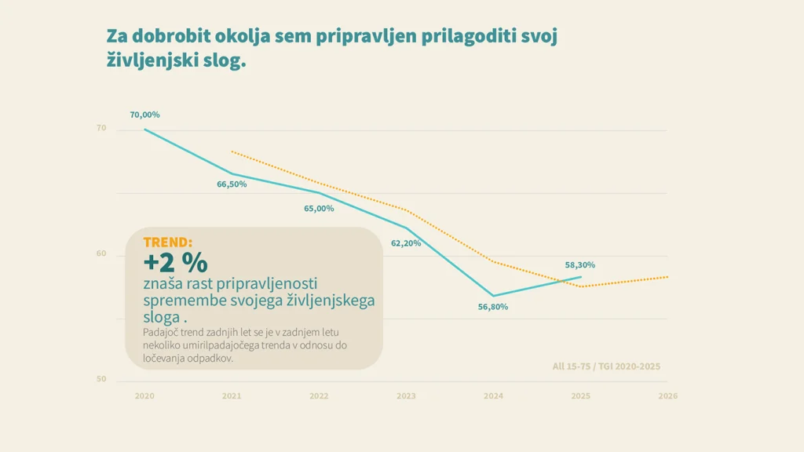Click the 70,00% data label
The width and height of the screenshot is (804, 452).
[144, 115]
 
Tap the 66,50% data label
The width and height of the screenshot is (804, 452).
[232, 184]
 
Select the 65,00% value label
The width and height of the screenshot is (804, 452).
[319, 209]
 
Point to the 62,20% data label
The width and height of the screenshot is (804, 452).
[406, 243]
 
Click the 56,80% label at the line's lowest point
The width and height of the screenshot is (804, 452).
[493, 307]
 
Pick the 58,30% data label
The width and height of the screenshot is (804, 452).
[580, 265]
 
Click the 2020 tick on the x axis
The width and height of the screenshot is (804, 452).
[144, 396]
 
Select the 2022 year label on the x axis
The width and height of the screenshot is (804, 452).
[319, 396]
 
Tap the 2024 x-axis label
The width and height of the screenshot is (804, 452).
[493, 396]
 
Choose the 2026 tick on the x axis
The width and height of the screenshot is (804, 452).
[667, 396]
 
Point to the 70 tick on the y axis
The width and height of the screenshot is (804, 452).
[101, 128]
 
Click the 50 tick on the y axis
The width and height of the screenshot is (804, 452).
[101, 379]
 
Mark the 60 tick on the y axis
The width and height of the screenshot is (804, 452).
[101, 253]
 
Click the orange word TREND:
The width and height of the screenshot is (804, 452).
[167, 242]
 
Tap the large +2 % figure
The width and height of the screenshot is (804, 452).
[175, 261]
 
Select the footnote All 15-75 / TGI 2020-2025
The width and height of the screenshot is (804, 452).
[606, 366]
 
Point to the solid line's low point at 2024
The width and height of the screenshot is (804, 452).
[493, 296]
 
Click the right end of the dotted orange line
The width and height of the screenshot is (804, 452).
[667, 276]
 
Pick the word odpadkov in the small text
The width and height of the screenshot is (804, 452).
[211, 358]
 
